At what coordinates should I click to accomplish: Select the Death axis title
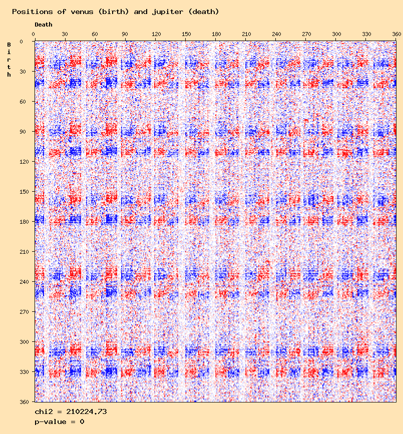pyautogui.click(x=43, y=25)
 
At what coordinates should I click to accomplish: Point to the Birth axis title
pyautogui.click(x=9, y=60)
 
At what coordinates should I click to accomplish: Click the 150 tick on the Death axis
pyautogui.click(x=186, y=34)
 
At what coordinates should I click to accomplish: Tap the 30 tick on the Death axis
pyautogui.click(x=65, y=34)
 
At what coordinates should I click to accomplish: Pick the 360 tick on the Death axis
pyautogui.click(x=396, y=34)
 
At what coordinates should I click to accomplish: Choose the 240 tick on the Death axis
pyautogui.click(x=276, y=34)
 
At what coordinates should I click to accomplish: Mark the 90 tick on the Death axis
pyautogui.click(x=125, y=34)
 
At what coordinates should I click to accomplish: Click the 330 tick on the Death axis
pyautogui.click(x=367, y=34)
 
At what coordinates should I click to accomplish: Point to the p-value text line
pyautogui.click(x=59, y=421)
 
